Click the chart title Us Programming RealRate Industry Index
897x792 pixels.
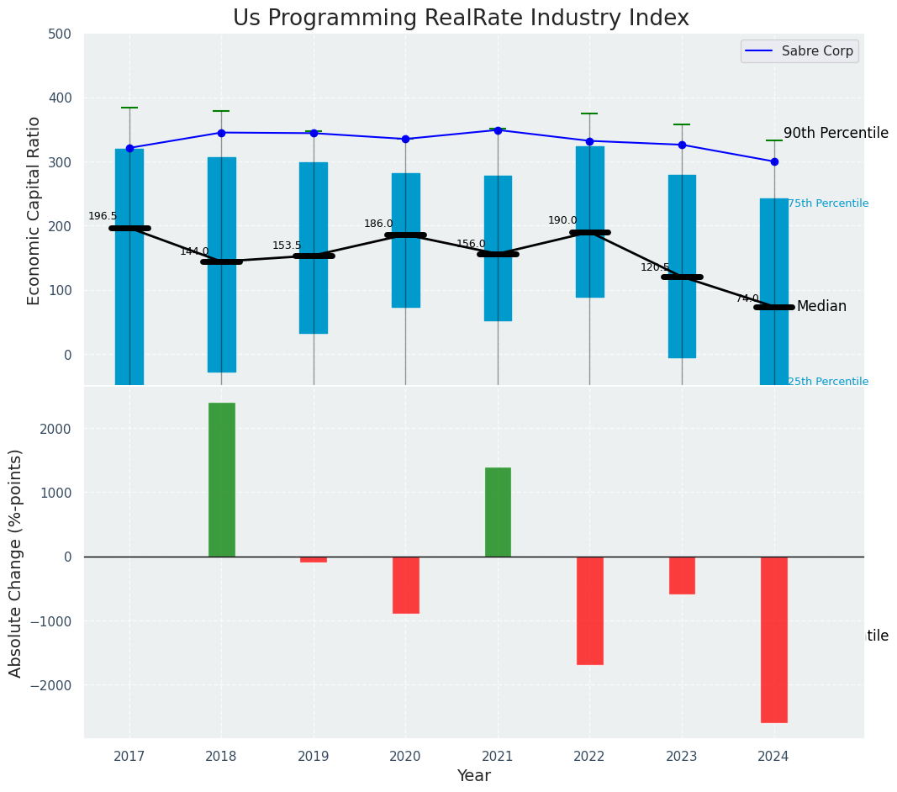(461, 18)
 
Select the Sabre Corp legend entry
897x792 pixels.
(799, 51)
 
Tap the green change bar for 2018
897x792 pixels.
(222, 479)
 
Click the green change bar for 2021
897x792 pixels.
(498, 512)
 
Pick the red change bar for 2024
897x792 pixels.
(774, 639)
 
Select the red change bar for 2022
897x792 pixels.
(589, 610)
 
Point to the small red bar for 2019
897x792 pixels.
(314, 559)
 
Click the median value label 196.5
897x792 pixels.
(103, 216)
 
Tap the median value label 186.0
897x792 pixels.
(378, 224)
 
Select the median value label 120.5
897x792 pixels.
(655, 267)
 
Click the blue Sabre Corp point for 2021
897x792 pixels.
(498, 130)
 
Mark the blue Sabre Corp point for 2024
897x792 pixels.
(774, 161)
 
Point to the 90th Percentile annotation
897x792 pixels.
(836, 133)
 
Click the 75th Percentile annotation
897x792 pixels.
(828, 203)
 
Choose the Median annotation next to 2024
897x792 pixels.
(821, 307)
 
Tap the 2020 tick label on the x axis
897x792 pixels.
(405, 756)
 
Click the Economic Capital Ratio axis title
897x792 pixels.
(34, 210)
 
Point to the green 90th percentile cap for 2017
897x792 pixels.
(129, 108)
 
